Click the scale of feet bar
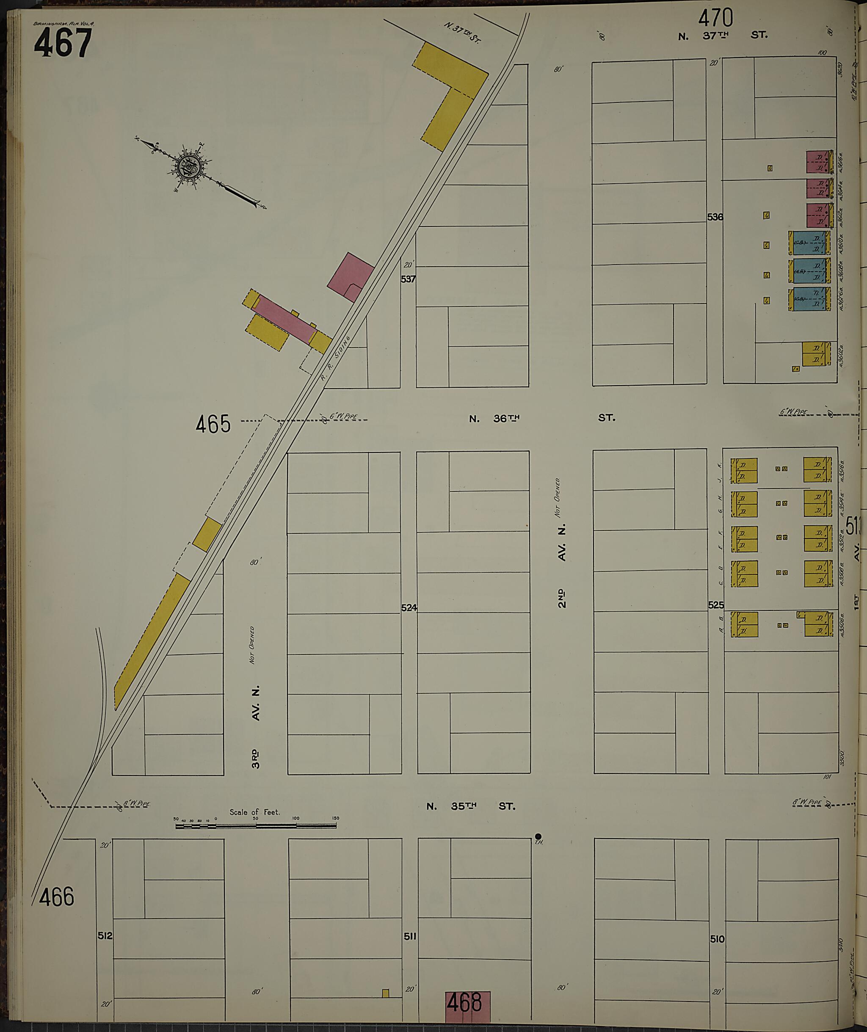[x=256, y=826]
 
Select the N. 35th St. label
[x=470, y=806]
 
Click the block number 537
[x=408, y=279]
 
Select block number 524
[x=409, y=607]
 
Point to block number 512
[x=105, y=935]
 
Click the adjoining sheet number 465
[x=213, y=424]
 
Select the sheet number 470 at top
[x=715, y=18]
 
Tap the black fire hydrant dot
[x=538, y=836]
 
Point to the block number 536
[x=715, y=217]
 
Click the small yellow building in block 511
[x=385, y=993]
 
